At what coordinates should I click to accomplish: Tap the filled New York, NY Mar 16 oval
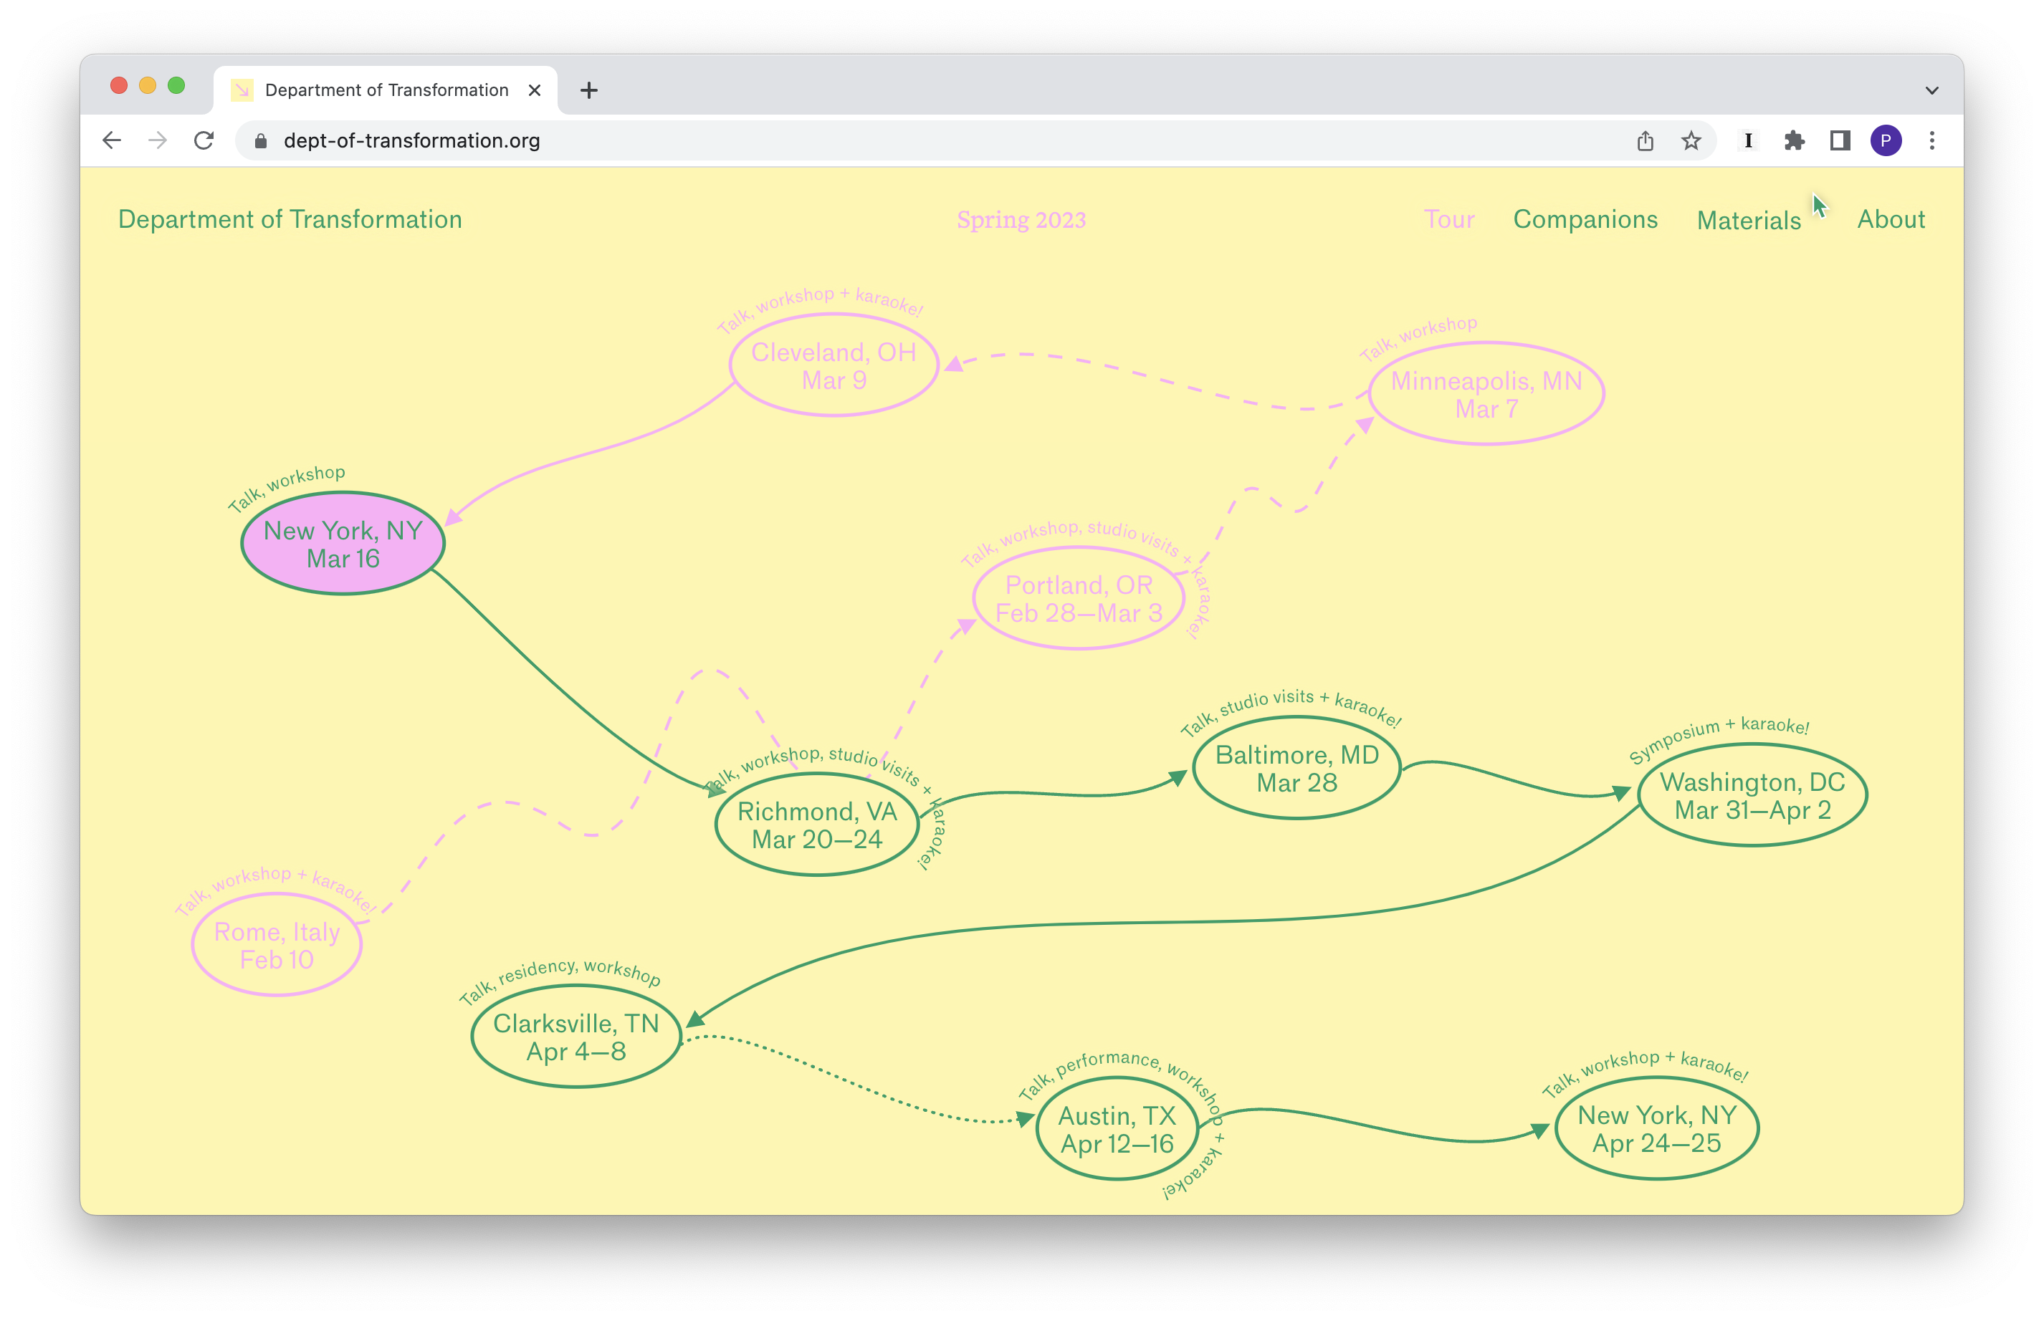[343, 544]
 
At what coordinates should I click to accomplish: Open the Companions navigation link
[1585, 220]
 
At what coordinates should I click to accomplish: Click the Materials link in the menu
[1749, 221]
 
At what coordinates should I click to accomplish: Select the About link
[1891, 220]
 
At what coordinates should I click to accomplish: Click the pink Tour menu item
[1448, 220]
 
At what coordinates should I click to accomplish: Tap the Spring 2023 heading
[1021, 221]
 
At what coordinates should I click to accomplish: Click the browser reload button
[204, 140]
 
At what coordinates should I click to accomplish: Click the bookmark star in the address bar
[1691, 140]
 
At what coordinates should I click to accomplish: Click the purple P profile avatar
[1885, 140]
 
